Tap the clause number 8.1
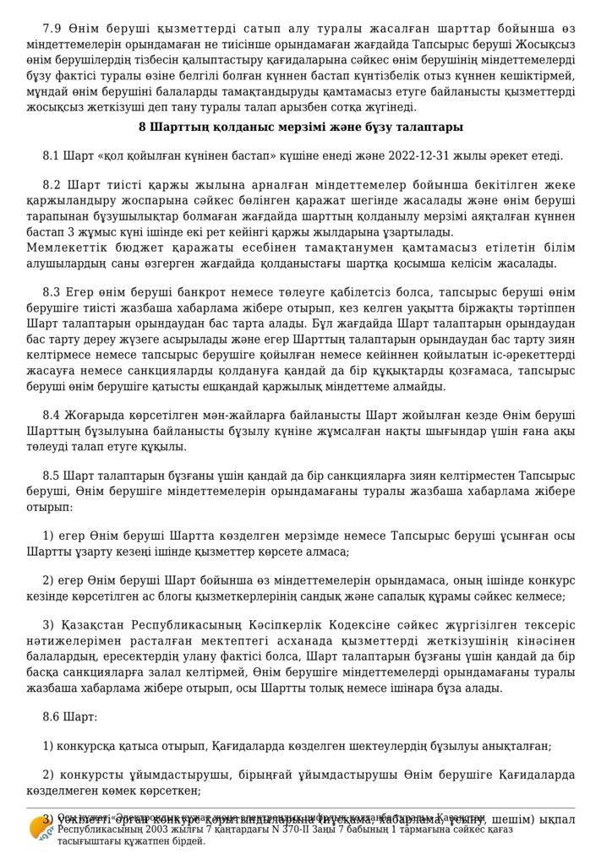(x=52, y=156)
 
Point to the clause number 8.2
(x=52, y=185)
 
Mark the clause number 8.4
(x=52, y=417)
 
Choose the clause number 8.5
(x=52, y=476)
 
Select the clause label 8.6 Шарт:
(x=70, y=717)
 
